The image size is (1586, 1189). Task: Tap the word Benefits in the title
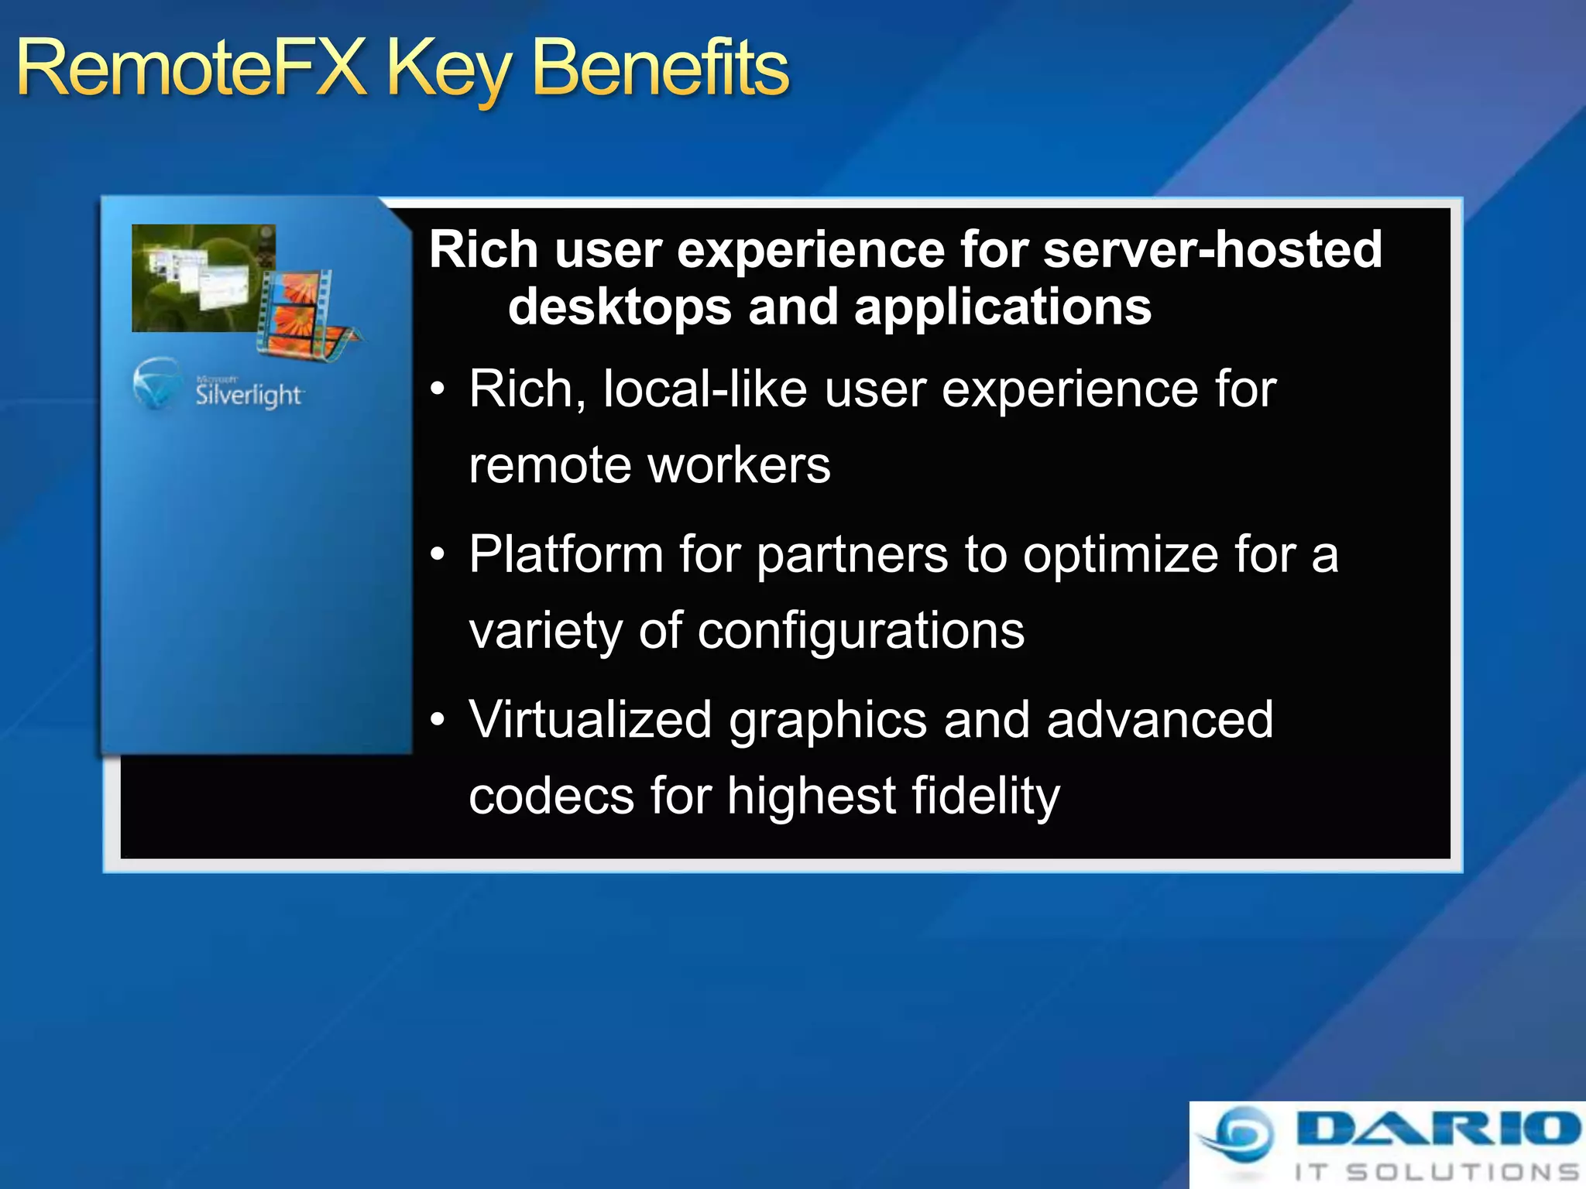tap(661, 70)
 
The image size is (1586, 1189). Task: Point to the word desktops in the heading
tap(620, 308)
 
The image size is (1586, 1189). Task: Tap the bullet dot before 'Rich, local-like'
tap(438, 389)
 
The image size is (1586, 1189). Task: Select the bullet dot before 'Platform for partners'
tap(438, 555)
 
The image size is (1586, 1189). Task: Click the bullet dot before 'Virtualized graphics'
tap(438, 720)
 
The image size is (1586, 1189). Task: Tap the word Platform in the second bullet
tap(566, 554)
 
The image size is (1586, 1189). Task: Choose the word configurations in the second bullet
tap(860, 631)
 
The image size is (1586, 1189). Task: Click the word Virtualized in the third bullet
tap(590, 720)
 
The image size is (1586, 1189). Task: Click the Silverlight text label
tap(248, 395)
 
